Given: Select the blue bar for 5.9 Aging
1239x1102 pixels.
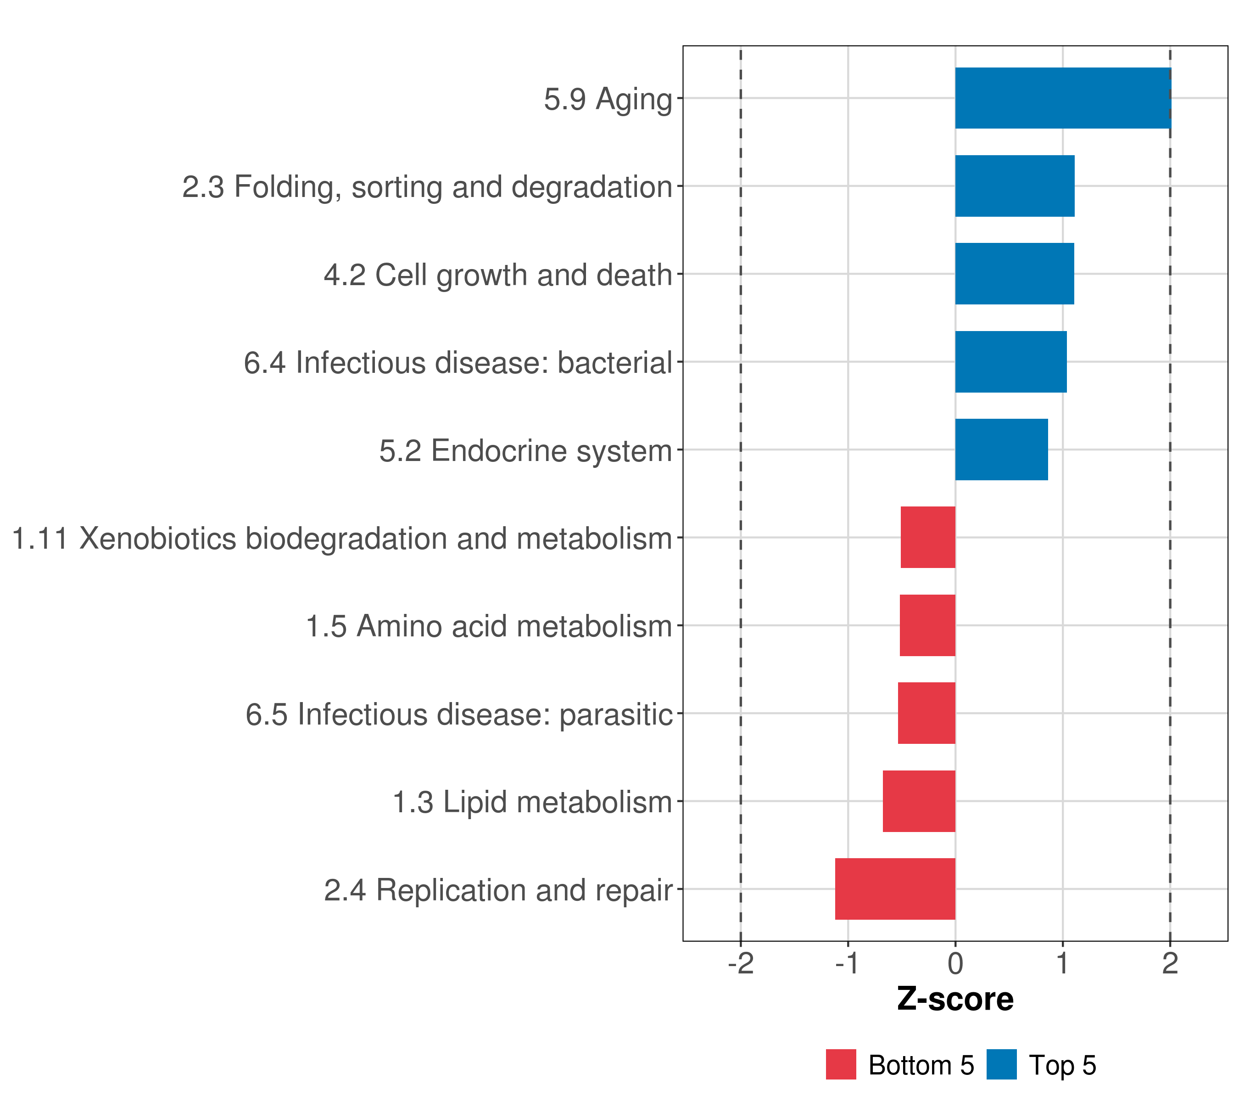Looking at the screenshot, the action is [1063, 98].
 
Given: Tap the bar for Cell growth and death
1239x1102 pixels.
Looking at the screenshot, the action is [1015, 274].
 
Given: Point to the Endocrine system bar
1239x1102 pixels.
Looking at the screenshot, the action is [1001, 450].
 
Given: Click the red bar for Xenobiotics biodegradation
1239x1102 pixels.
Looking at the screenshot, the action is [928, 537].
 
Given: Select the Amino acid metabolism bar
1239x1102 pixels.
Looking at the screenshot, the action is [927, 625].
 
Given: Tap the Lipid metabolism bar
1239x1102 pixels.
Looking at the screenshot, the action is [919, 801].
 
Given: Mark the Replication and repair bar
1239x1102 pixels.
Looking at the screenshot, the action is [895, 889].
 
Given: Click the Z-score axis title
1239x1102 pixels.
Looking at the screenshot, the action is [955, 1000].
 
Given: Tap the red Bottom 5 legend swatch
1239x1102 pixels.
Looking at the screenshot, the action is [841, 1064].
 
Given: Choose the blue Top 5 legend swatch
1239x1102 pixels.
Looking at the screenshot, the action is [1001, 1064].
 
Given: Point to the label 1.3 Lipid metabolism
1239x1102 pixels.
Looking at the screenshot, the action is [533, 802].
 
